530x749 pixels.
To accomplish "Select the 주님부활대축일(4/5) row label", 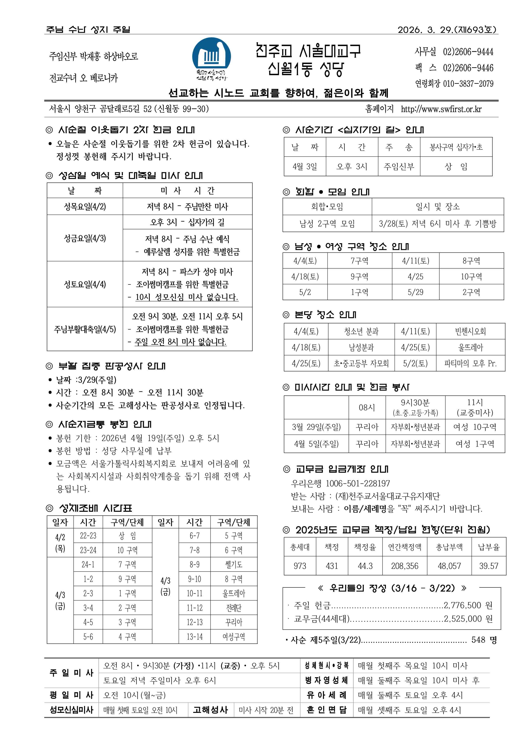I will tap(85, 329).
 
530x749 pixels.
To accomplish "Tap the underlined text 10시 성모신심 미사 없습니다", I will tap(187, 297).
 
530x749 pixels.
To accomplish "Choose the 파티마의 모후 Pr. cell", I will tap(470, 363).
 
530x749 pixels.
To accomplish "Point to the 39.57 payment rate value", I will tap(489, 566).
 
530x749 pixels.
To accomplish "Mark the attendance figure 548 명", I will tap(484, 640).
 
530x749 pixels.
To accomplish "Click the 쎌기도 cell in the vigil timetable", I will tap(234, 565).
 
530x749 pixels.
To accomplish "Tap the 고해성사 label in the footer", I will tap(211, 710).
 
